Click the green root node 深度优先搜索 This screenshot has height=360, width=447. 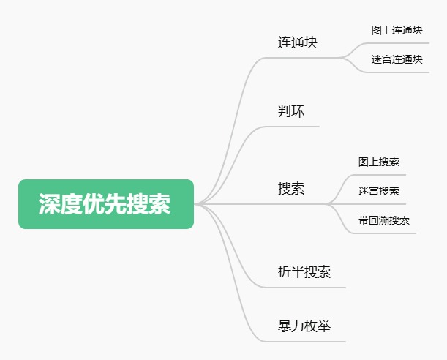(106, 204)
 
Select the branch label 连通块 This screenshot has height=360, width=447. (298, 42)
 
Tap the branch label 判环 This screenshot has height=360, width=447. (291, 111)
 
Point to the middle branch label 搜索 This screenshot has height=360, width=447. (291, 188)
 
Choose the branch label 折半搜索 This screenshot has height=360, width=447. (304, 271)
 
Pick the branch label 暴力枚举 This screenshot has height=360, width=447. (304, 326)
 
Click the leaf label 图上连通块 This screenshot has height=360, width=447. (397, 30)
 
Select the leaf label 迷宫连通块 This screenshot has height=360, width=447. (397, 59)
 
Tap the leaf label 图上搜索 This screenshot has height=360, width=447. (378, 162)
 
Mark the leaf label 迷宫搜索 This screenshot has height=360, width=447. (378, 191)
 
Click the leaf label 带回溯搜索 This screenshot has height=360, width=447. (383, 220)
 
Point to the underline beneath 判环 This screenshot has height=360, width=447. (290, 127)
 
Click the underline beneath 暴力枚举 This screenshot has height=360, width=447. (304, 342)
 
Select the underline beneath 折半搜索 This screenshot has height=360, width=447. (304, 288)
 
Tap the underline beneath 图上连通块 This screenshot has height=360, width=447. (397, 43)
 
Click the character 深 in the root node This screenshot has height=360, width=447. (50, 204)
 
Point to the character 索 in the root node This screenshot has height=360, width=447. (159, 204)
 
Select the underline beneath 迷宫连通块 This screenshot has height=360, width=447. (397, 72)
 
